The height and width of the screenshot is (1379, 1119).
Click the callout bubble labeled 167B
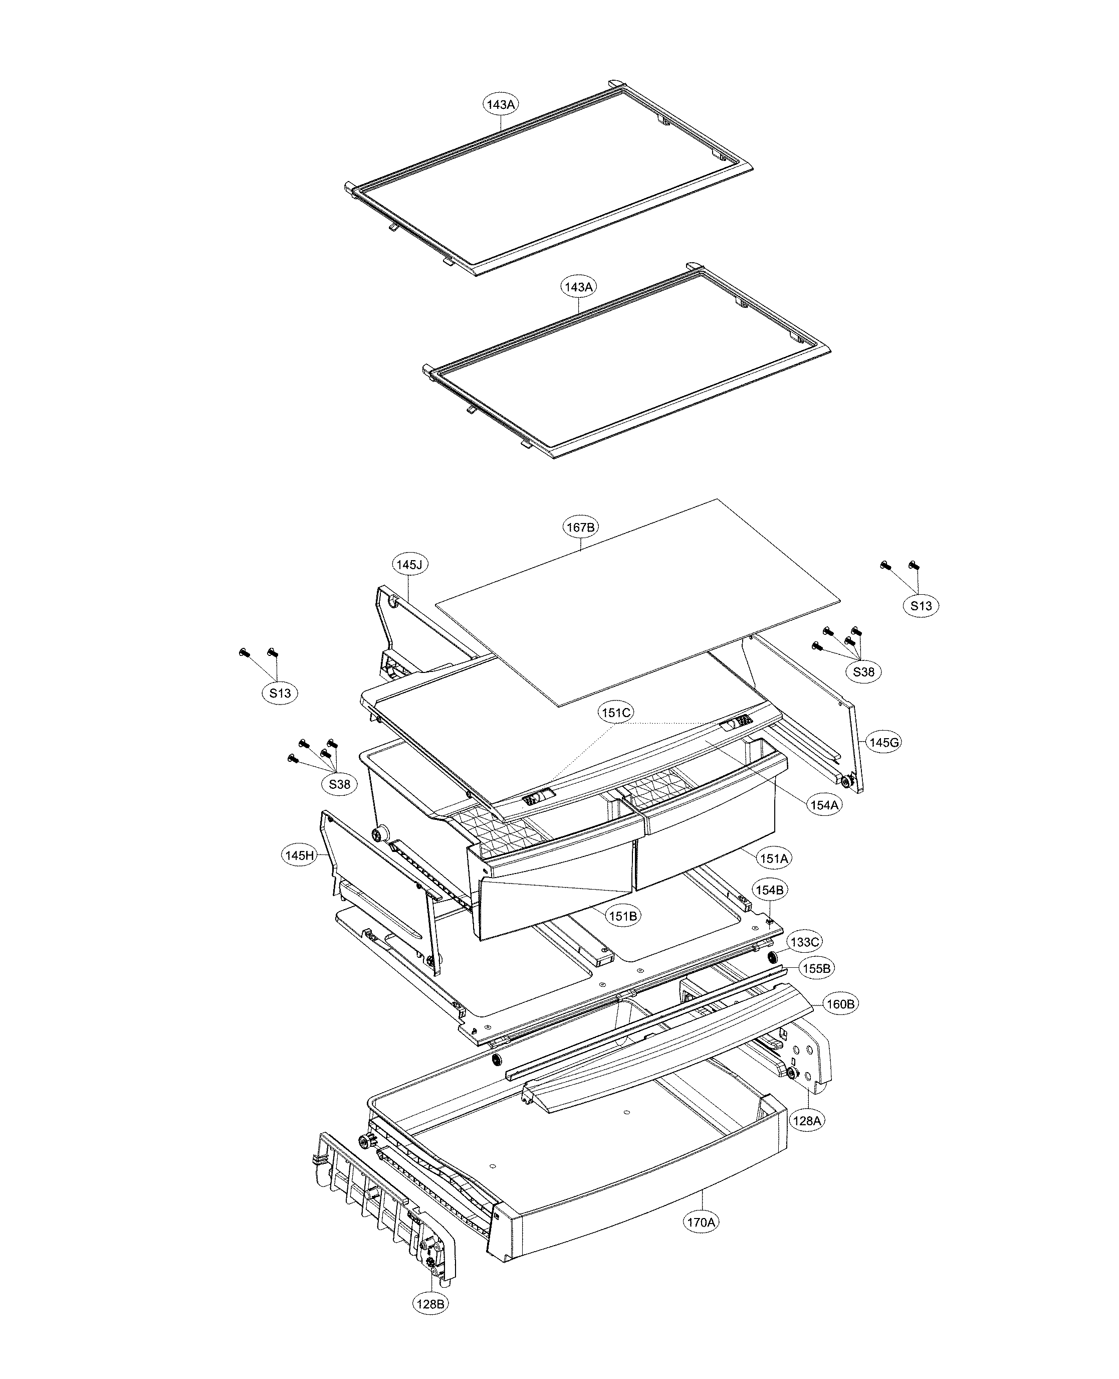tap(580, 527)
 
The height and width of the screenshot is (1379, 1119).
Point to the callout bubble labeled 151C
tap(616, 713)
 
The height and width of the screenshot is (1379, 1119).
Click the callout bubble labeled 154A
tap(824, 805)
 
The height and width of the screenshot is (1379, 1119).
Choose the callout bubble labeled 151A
tap(774, 858)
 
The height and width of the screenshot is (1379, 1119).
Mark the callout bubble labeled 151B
tap(623, 915)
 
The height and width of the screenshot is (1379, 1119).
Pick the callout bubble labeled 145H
tap(300, 856)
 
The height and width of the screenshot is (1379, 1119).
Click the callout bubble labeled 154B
tap(770, 890)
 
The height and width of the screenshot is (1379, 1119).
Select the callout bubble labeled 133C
tap(804, 942)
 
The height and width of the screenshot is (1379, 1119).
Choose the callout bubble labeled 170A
tap(701, 1222)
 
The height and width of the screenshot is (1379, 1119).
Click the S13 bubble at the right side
tap(921, 606)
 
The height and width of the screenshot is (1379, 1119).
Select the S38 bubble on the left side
tap(340, 784)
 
